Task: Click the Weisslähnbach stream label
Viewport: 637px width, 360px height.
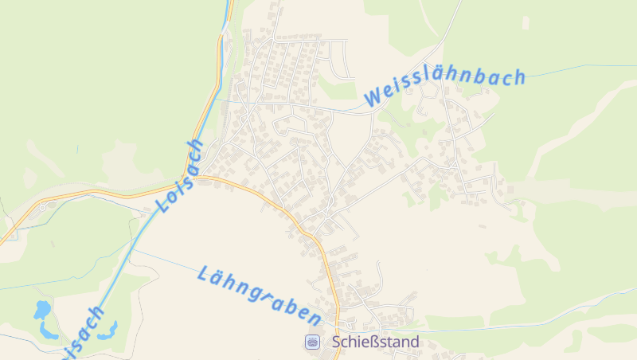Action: point(446,87)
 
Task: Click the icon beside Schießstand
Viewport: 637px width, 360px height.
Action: point(312,342)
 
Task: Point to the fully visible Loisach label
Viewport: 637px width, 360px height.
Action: point(181,176)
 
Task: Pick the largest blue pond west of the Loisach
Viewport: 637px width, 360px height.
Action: point(42,309)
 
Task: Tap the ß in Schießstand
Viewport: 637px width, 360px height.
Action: point(377,342)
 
